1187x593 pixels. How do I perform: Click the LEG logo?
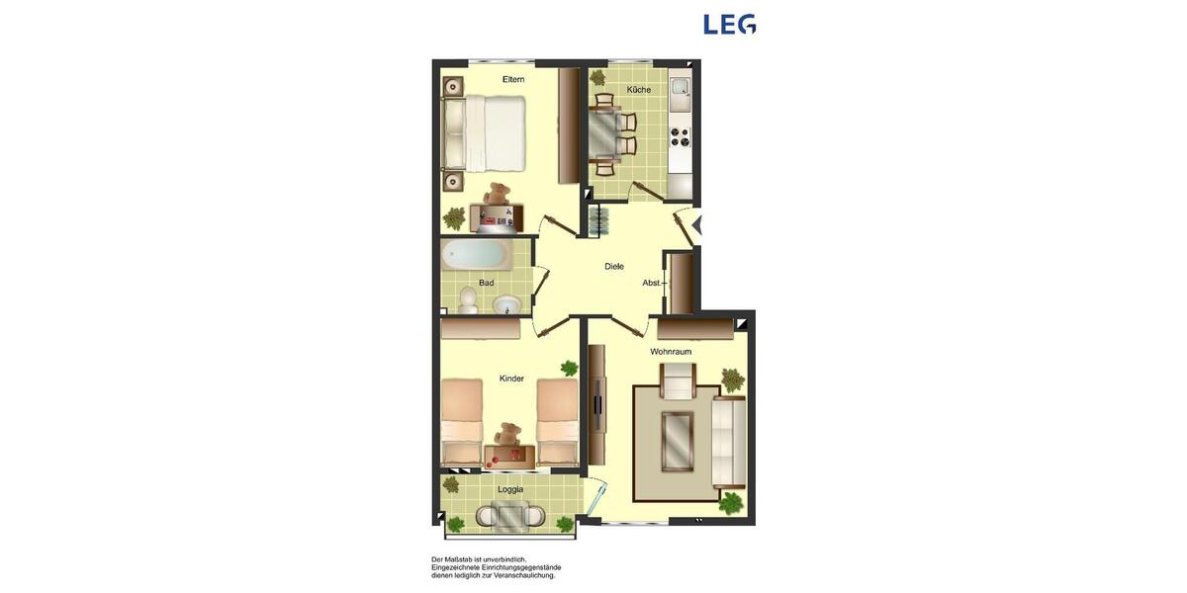tap(729, 24)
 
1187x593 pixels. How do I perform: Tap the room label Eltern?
tap(513, 79)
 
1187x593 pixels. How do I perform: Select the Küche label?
tap(639, 90)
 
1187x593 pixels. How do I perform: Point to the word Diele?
tap(614, 266)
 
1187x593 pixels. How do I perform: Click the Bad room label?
tap(486, 283)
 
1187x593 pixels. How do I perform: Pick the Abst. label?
tap(651, 283)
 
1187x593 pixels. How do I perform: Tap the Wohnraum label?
tap(671, 352)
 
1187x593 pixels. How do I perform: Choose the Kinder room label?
tap(511, 379)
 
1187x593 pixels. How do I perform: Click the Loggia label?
tap(510, 489)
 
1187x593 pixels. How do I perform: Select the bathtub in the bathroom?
tap(476, 256)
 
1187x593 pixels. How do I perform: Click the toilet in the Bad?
tap(468, 302)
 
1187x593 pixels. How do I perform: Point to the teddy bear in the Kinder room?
tap(508, 434)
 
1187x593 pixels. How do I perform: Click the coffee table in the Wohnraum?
tap(678, 441)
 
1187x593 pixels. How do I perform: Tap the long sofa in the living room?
tap(729, 442)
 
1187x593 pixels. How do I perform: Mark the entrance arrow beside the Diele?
tap(696, 225)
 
